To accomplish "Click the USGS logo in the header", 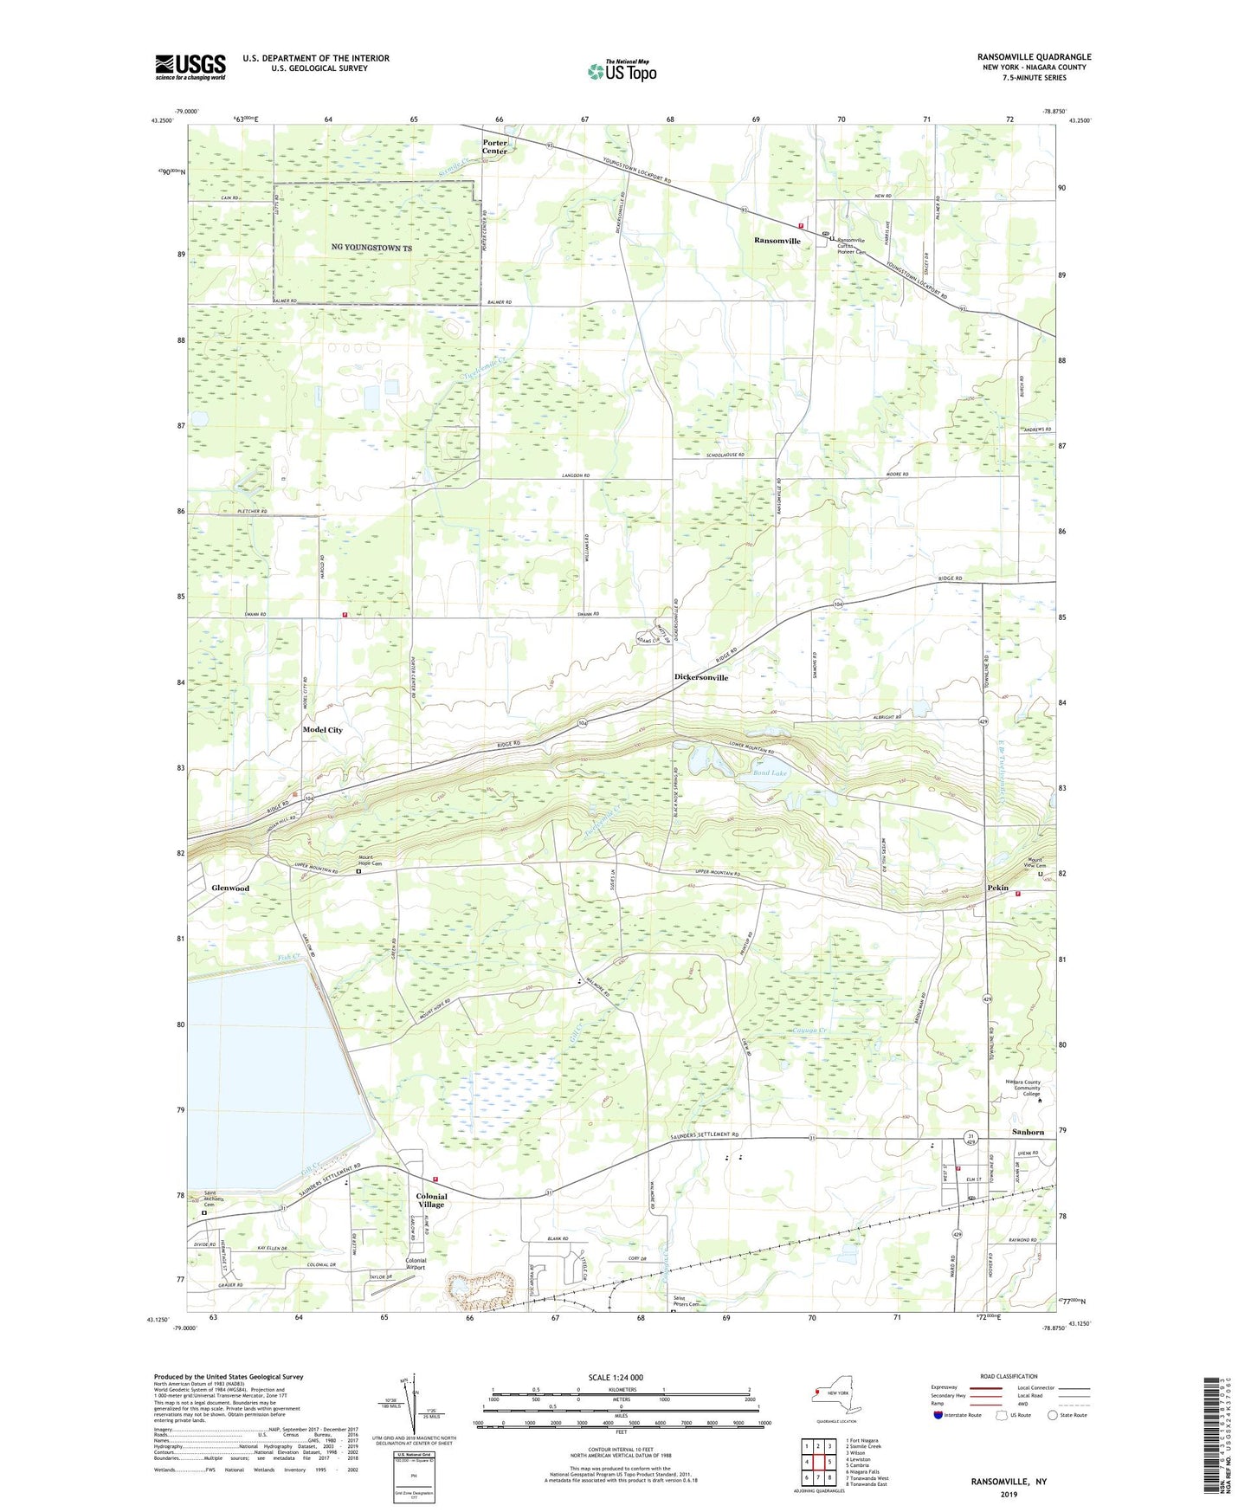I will [x=190, y=67].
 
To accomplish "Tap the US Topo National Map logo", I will [x=621, y=71].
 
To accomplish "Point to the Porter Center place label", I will [x=495, y=147].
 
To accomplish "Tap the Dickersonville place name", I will [x=701, y=677].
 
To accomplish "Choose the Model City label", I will [x=322, y=730].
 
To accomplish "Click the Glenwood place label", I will [x=230, y=888].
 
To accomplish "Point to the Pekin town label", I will [x=998, y=888].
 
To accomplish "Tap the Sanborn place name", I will [x=1029, y=1133].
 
